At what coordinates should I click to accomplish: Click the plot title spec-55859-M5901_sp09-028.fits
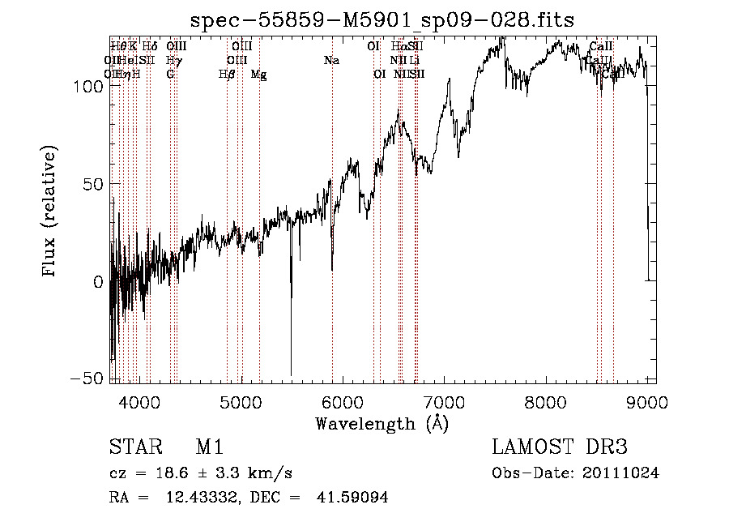(x=382, y=21)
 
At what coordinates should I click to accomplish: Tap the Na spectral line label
(x=330, y=61)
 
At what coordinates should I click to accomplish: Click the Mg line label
(x=258, y=75)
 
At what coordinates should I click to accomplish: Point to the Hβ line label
(x=227, y=75)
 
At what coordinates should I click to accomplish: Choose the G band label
(x=170, y=75)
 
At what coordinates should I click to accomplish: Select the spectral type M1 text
(x=209, y=448)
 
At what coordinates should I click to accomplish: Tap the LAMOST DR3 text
(x=560, y=448)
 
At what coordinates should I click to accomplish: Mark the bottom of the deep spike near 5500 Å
(x=291, y=375)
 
